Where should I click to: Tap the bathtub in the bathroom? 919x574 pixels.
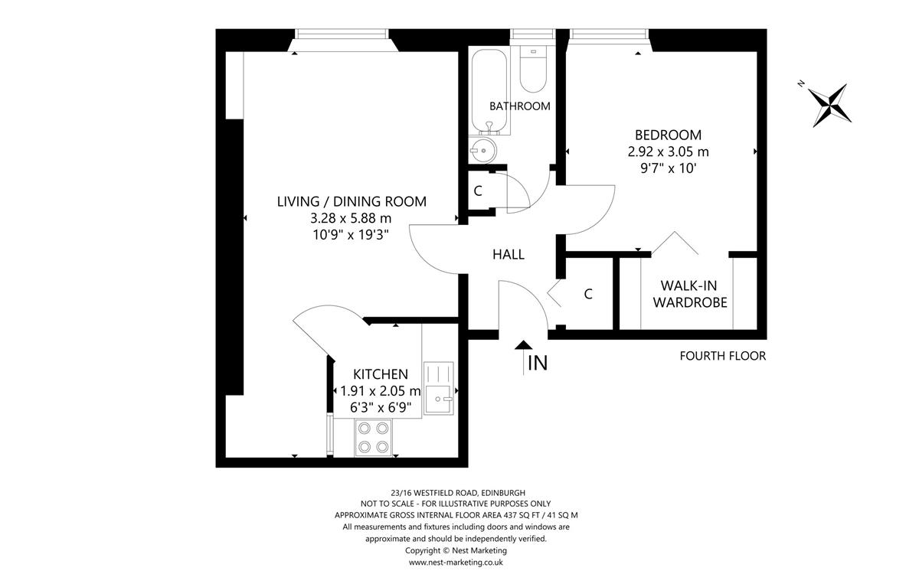click(x=489, y=92)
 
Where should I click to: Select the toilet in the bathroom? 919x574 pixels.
click(x=533, y=69)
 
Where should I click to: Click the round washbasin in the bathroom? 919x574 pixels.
click(x=483, y=151)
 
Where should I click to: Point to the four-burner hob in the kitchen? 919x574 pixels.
click(x=373, y=438)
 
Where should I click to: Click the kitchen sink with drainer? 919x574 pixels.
click(x=439, y=388)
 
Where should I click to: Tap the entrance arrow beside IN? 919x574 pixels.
click(x=524, y=357)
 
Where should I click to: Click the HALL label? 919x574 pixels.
click(x=509, y=255)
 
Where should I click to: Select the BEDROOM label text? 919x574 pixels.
click(x=668, y=135)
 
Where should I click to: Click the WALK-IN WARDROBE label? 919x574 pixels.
click(x=690, y=294)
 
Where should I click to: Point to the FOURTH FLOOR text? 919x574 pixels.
click(x=722, y=356)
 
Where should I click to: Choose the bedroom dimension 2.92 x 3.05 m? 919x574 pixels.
click(x=668, y=152)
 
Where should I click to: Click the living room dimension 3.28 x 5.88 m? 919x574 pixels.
click(x=351, y=218)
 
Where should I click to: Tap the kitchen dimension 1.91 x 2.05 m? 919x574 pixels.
click(x=381, y=391)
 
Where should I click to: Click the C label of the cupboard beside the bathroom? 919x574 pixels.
click(x=478, y=191)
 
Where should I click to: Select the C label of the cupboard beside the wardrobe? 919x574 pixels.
click(x=588, y=294)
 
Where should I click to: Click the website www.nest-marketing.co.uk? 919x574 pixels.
click(x=456, y=562)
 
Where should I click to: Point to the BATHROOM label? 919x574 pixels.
click(x=519, y=106)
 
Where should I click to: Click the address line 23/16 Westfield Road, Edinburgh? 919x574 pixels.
click(x=458, y=493)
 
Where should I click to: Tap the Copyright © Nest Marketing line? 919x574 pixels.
click(x=456, y=550)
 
